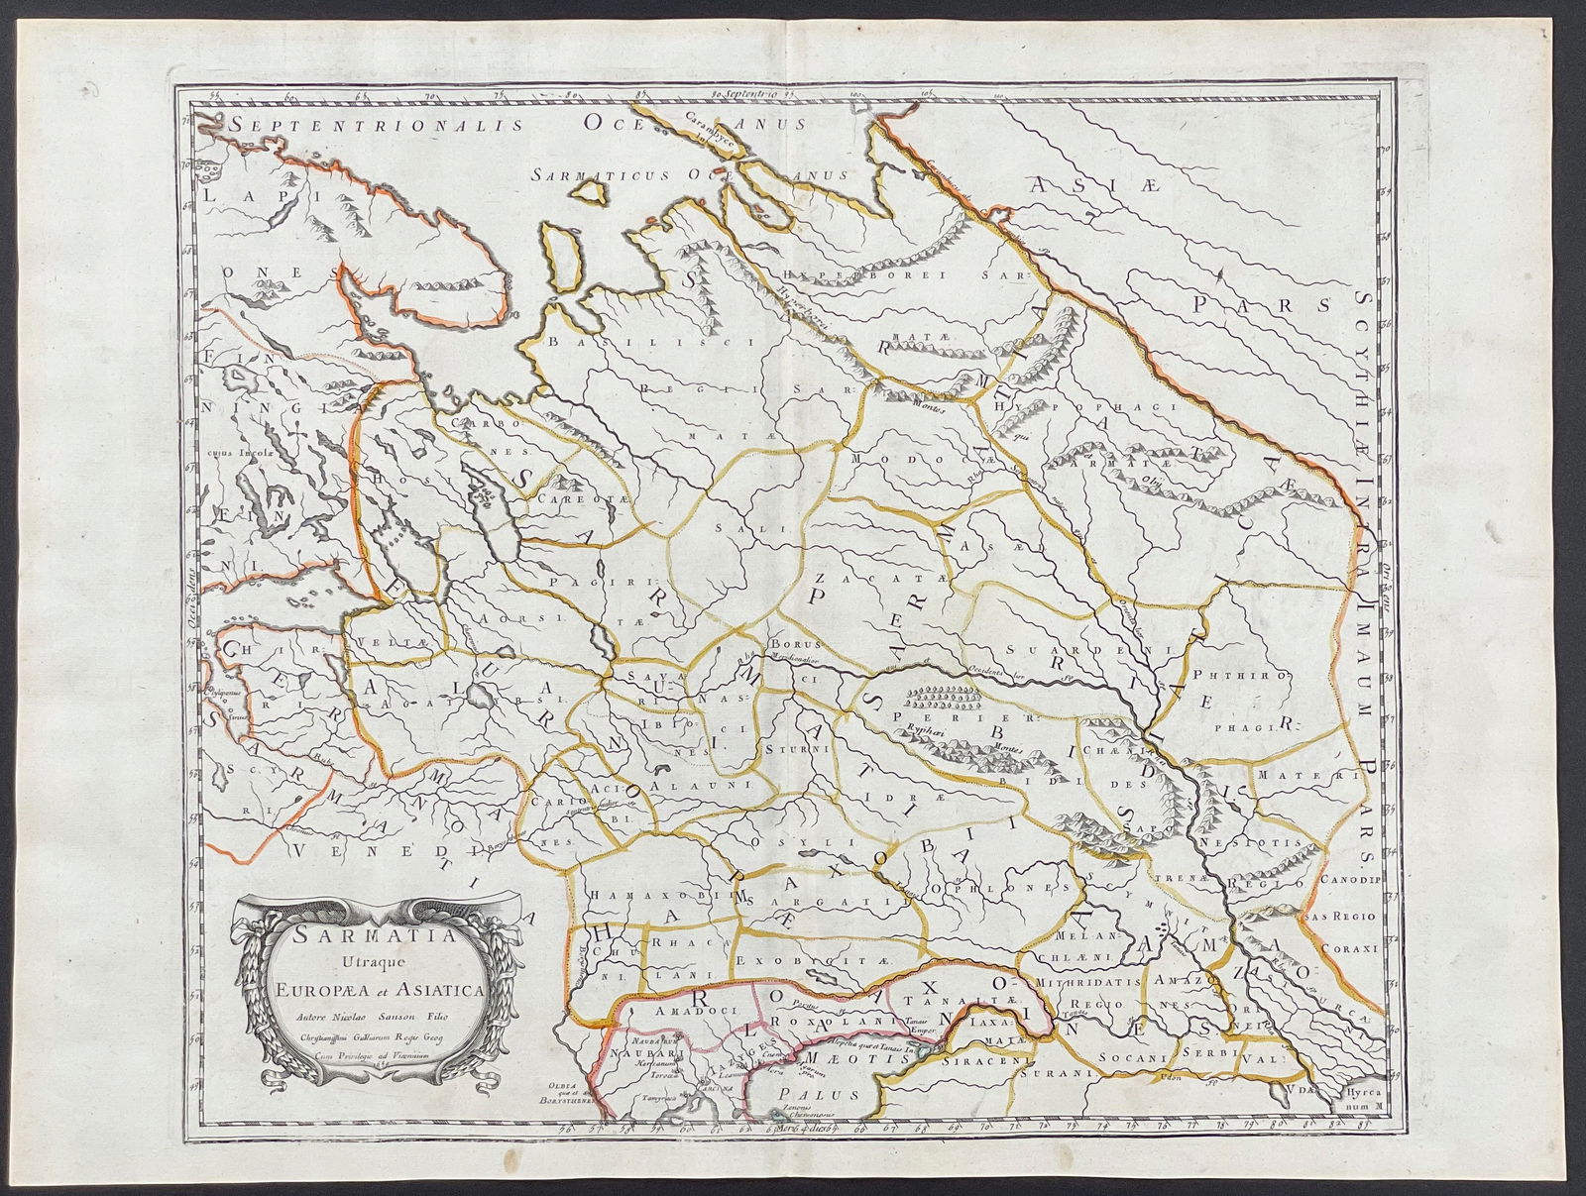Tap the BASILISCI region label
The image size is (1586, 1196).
(593, 340)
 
